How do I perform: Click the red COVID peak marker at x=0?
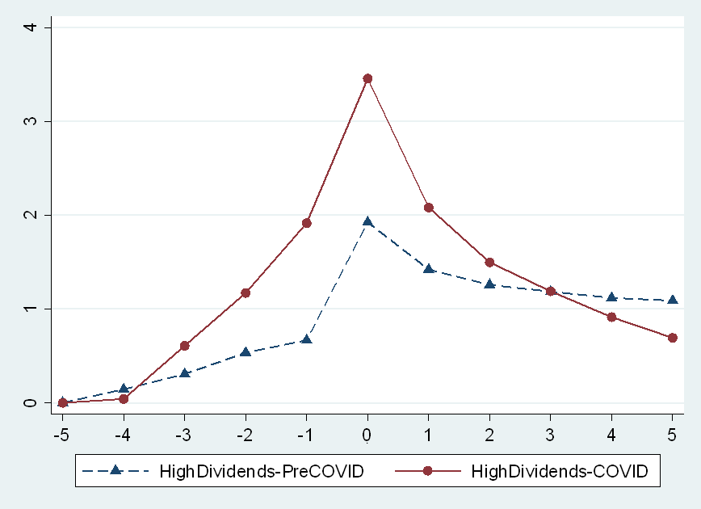(367, 78)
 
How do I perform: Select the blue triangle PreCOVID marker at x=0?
(367, 221)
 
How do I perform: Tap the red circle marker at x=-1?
(307, 223)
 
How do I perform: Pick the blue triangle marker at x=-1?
(307, 339)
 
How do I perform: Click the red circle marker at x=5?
(672, 338)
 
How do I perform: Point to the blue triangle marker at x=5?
(672, 300)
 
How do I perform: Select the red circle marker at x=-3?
(185, 346)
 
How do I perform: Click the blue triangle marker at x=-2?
(246, 352)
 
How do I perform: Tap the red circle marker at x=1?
(429, 208)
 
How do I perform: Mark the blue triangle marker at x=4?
(611, 297)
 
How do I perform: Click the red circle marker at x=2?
(489, 263)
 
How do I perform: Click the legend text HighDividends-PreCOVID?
(261, 472)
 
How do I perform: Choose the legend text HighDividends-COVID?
(559, 472)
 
